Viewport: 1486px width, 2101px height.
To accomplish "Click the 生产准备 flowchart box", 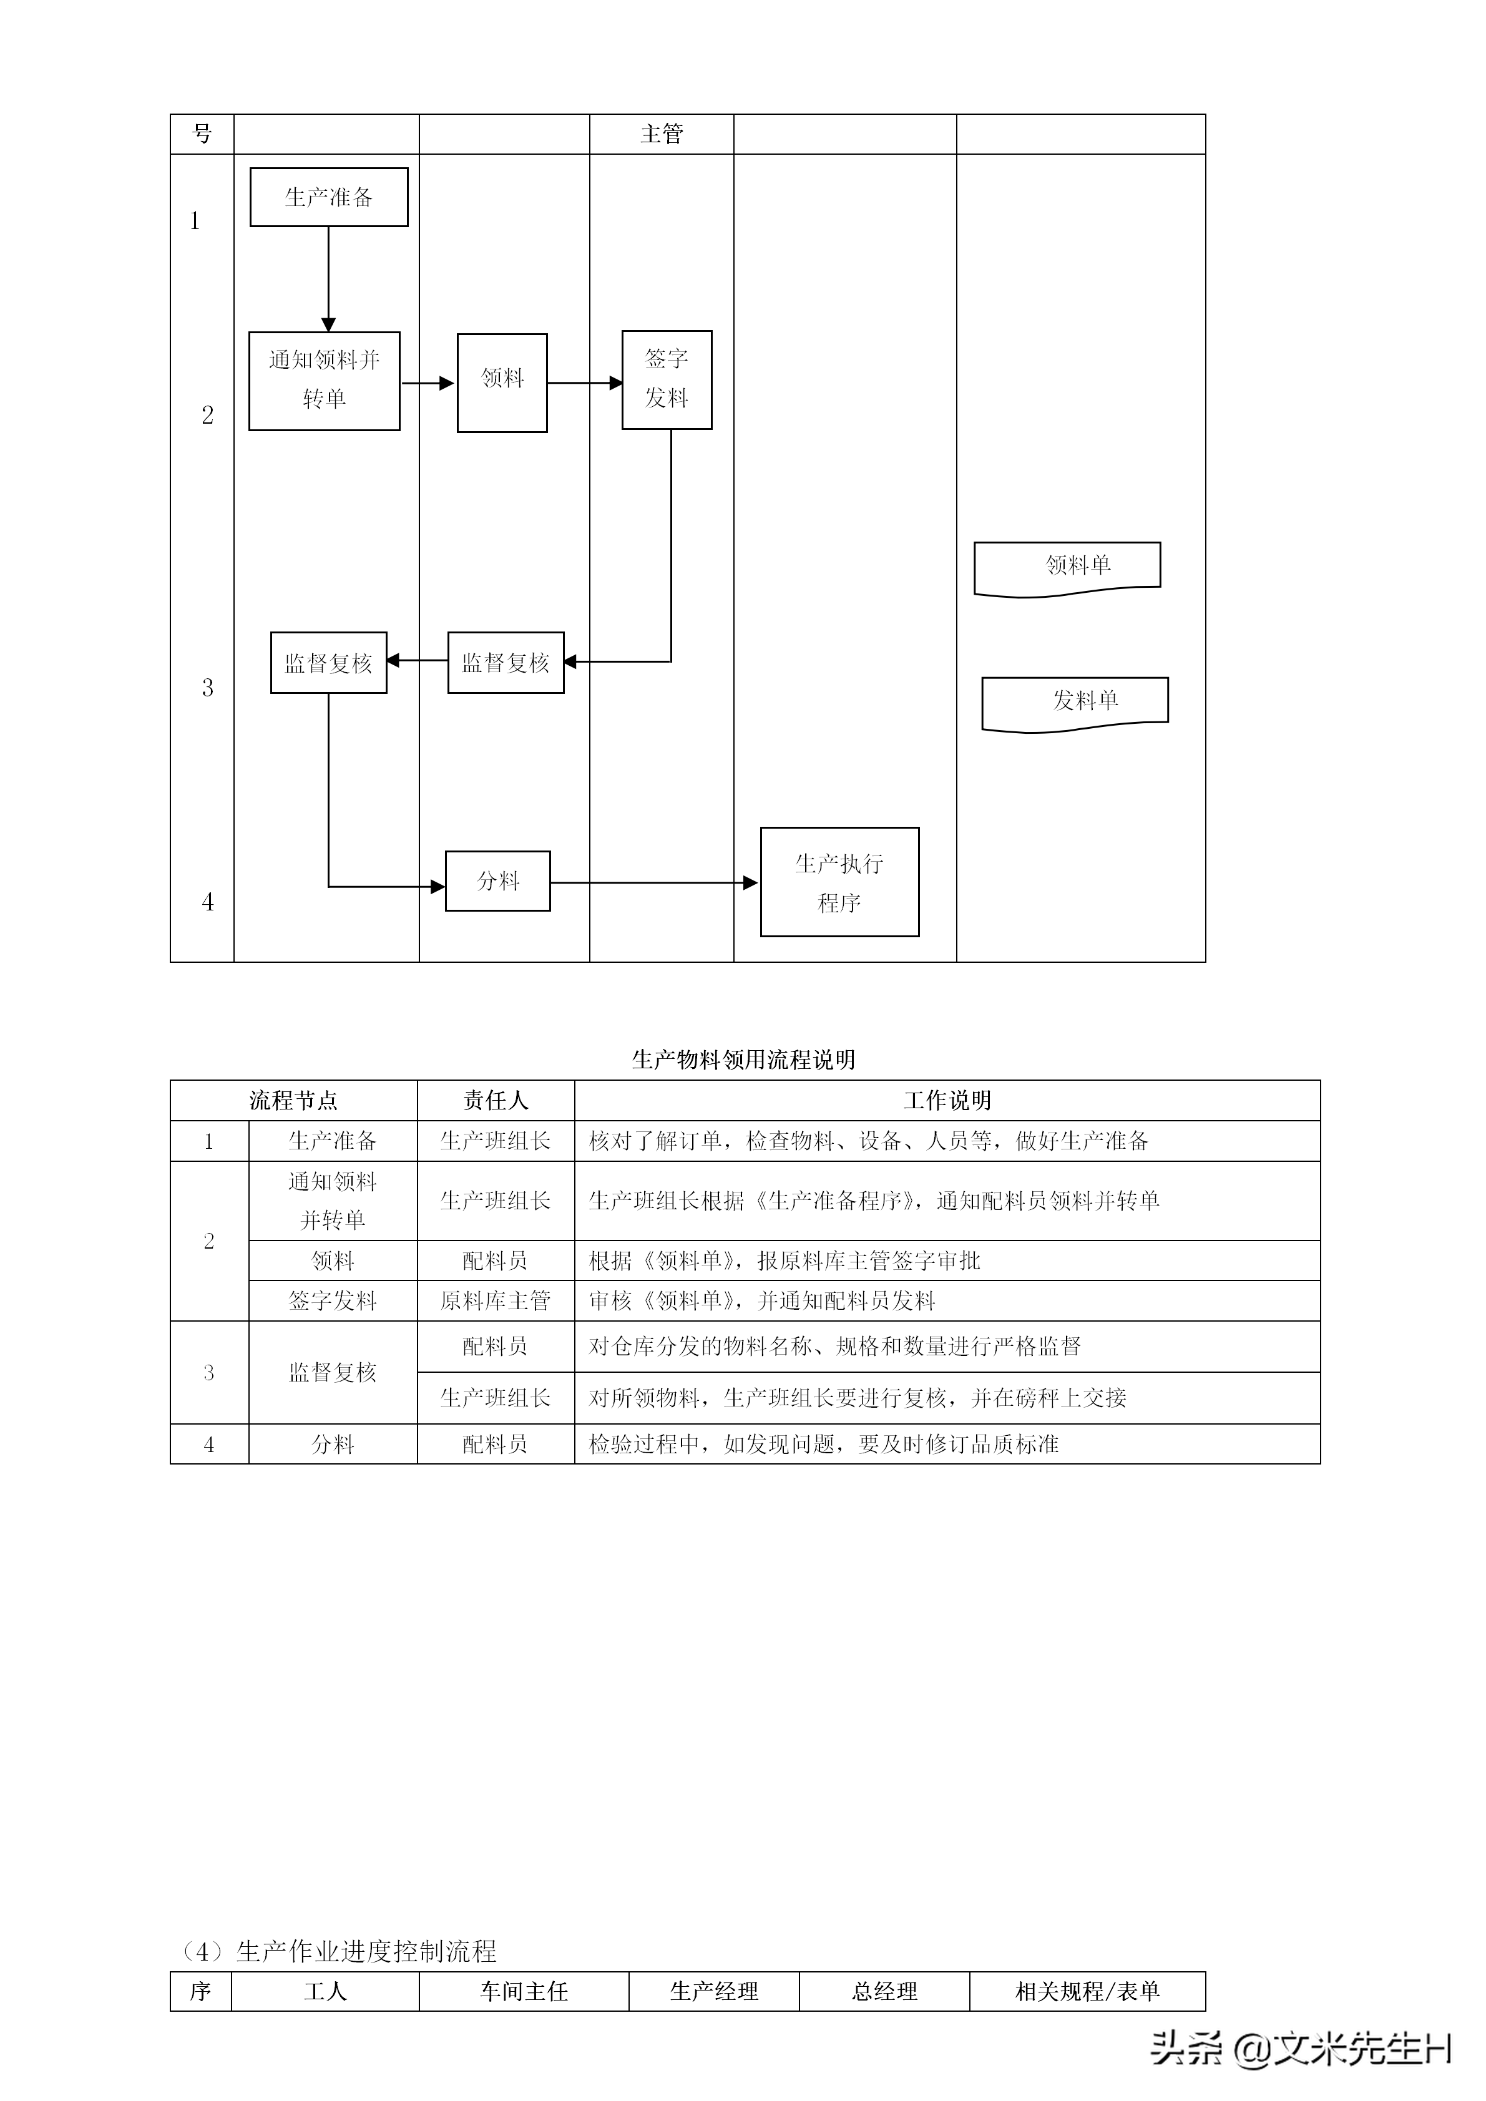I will point(328,197).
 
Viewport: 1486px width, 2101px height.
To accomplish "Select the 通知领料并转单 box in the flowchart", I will point(324,381).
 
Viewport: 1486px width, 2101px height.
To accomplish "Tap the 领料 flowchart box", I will point(502,383).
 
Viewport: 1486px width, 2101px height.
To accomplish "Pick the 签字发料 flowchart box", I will point(666,380).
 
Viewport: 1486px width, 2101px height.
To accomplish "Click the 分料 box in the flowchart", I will point(498,881).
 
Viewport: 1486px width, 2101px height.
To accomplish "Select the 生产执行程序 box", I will point(839,882).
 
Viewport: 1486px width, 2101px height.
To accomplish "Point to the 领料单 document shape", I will point(1067,567).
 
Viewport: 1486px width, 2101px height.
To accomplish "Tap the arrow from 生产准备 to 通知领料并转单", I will point(328,278).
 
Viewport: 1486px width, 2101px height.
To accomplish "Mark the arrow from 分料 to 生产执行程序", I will point(654,883).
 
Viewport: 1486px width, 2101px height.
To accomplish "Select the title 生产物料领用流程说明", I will point(743,1060).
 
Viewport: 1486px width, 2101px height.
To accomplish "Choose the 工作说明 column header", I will point(947,1100).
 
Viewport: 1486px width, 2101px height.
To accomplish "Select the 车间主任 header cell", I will point(524,1991).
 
